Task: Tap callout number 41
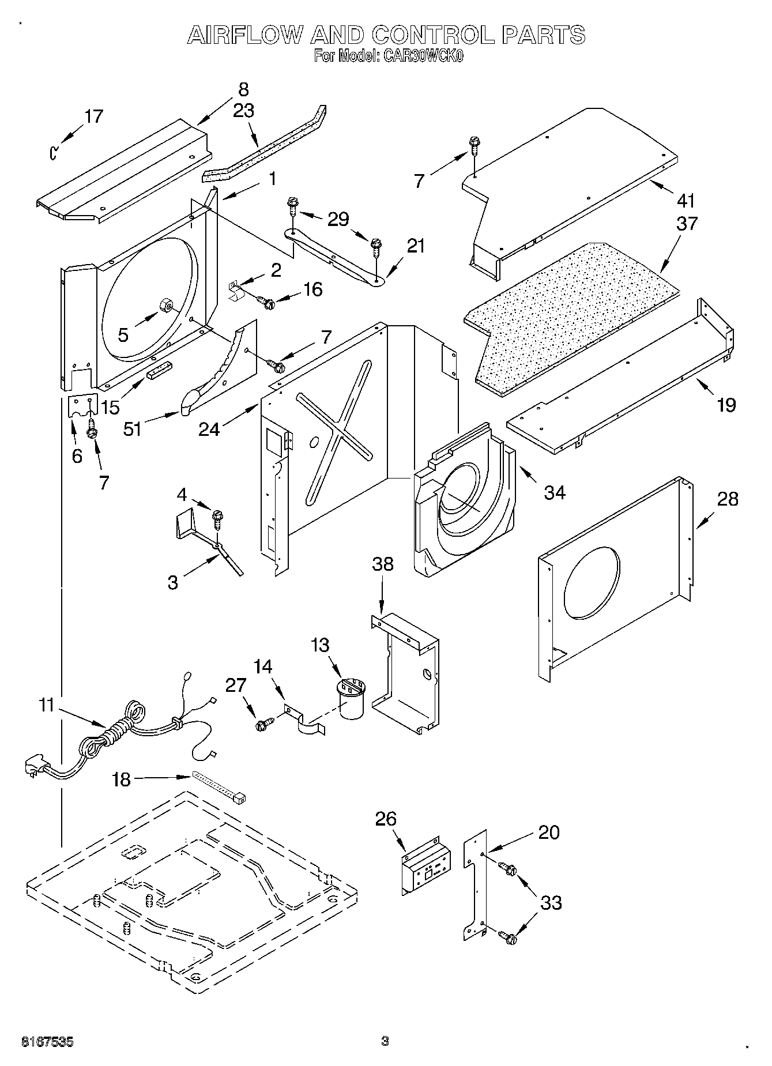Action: [x=686, y=201]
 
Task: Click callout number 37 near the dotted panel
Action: [x=687, y=223]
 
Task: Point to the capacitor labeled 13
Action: [x=351, y=698]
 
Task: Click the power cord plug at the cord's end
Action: [x=33, y=767]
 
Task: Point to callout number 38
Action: [x=383, y=564]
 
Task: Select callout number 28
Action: [x=728, y=499]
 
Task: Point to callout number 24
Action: [x=209, y=429]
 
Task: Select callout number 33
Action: [x=551, y=902]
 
